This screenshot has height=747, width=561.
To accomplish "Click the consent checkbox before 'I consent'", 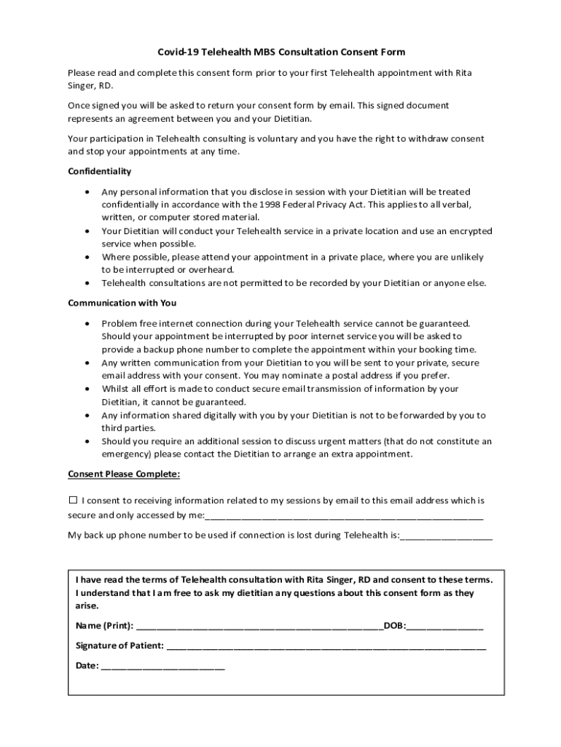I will tap(72, 500).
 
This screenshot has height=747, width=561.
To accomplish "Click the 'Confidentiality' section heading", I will tap(99, 171).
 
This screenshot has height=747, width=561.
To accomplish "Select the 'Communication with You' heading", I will tap(122, 303).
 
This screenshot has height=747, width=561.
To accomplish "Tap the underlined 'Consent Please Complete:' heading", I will tap(123, 474).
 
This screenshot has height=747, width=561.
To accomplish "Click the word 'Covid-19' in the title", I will tap(178, 53).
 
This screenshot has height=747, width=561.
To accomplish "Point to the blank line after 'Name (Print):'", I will tap(259, 626).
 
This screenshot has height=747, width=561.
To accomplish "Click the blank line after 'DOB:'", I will tap(445, 626).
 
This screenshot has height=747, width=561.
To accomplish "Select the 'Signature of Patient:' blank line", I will tap(326, 646).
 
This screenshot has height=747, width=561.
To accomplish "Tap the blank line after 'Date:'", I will tap(163, 666).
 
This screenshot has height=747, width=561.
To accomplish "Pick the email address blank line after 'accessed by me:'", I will tap(344, 516).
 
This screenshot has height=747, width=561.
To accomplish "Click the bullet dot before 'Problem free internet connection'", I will tap(87, 322).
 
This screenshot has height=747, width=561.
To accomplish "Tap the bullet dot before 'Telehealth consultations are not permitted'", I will tap(87, 283).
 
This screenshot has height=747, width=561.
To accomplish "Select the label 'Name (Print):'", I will tap(104, 626).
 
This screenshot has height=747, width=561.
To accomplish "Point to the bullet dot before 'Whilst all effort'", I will tap(87, 389).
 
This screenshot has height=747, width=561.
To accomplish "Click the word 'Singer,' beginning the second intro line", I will tap(82, 86).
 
